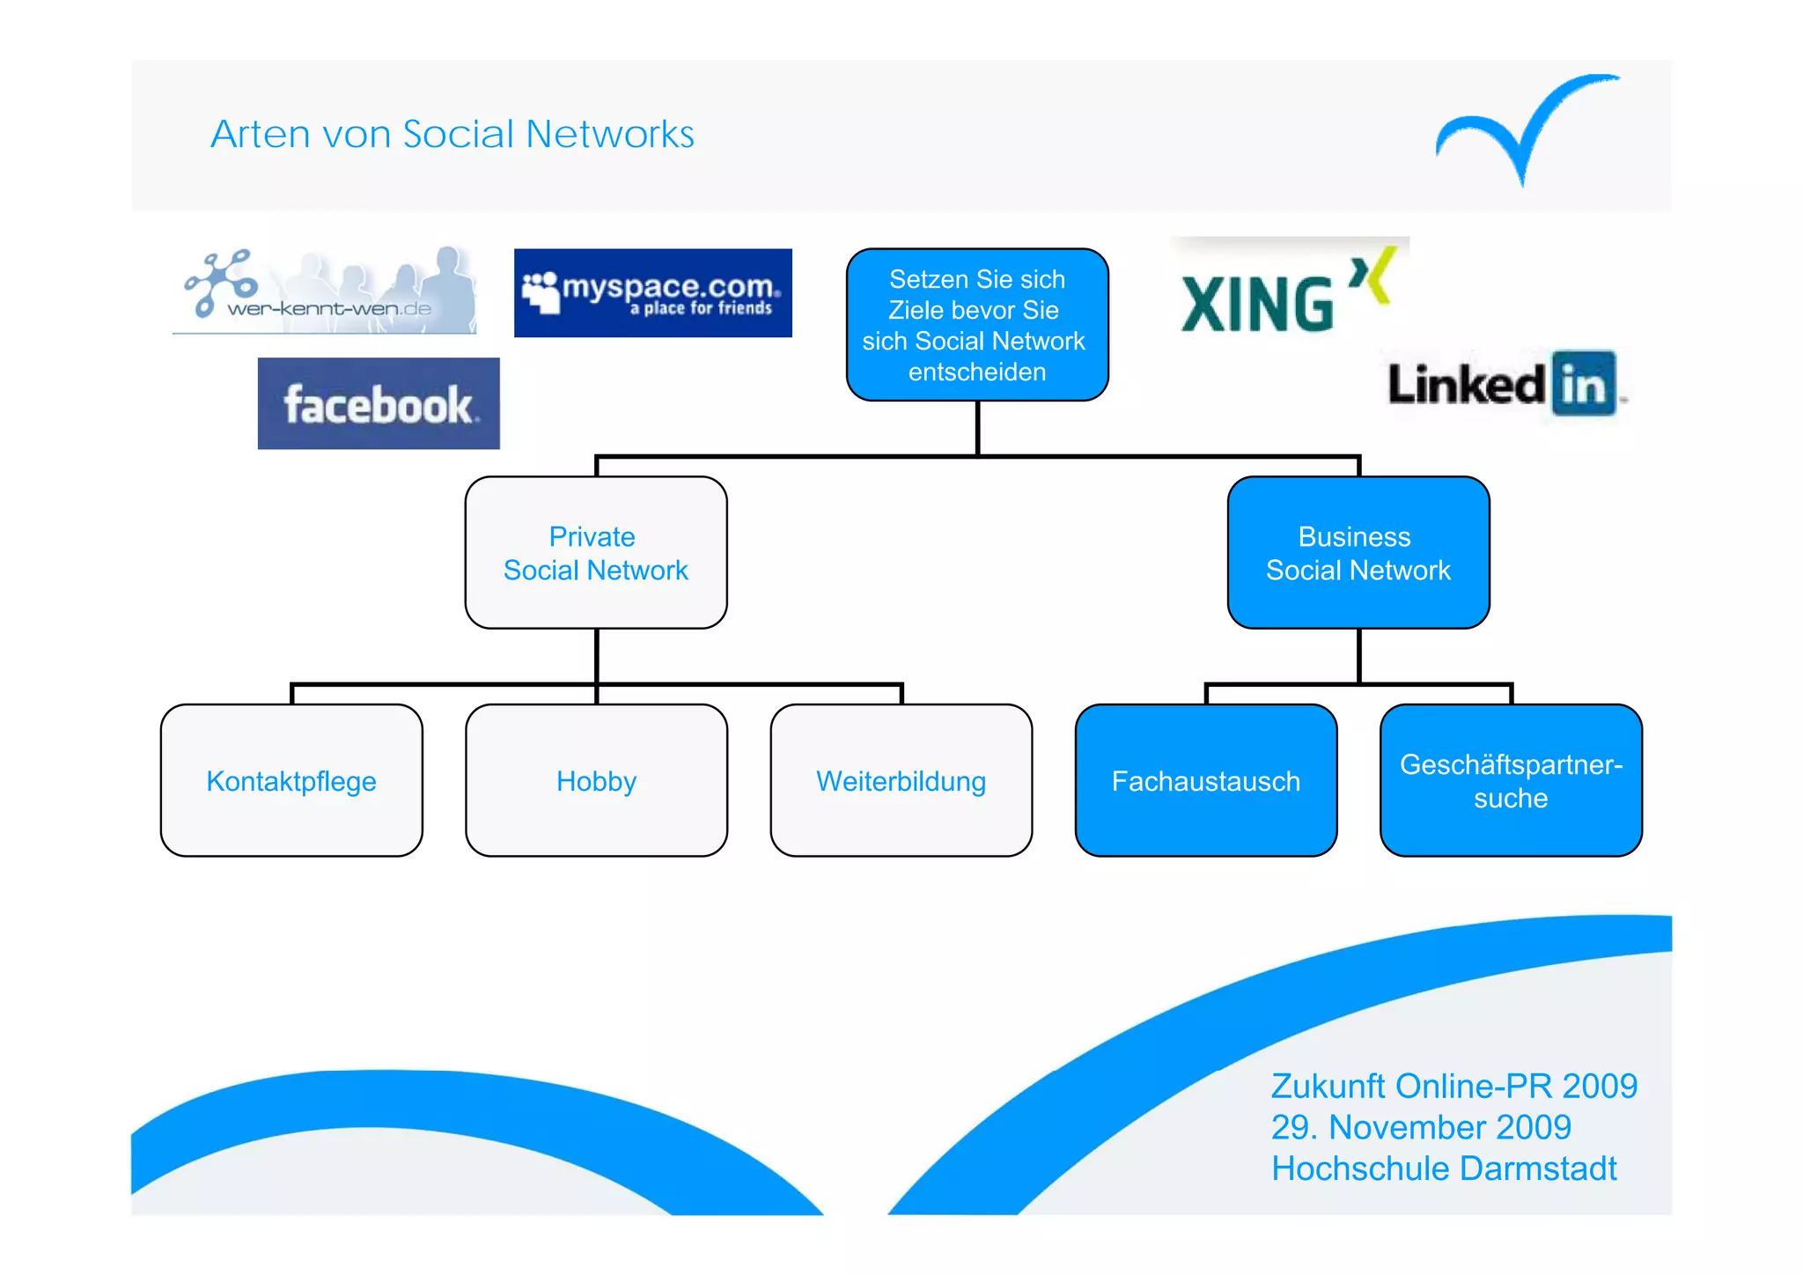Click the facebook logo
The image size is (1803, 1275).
[x=379, y=403]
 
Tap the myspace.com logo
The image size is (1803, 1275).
[x=652, y=293]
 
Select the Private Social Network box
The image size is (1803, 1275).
[x=596, y=553]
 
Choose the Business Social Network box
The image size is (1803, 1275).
[x=1358, y=553]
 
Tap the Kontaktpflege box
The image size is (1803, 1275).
[x=291, y=781]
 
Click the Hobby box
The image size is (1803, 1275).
[x=596, y=781]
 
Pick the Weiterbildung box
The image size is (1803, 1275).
[x=901, y=781]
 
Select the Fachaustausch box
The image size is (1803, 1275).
[x=1205, y=781]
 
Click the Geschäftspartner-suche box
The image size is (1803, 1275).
[x=1511, y=781]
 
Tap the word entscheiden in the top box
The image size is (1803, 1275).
[x=977, y=372]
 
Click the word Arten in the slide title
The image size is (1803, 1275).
[x=261, y=135]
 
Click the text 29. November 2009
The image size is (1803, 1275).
[x=1421, y=1127]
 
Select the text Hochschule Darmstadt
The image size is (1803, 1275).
[x=1444, y=1168]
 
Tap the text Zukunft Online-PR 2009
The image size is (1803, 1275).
[x=1453, y=1087]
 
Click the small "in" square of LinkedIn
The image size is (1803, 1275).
[x=1584, y=384]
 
